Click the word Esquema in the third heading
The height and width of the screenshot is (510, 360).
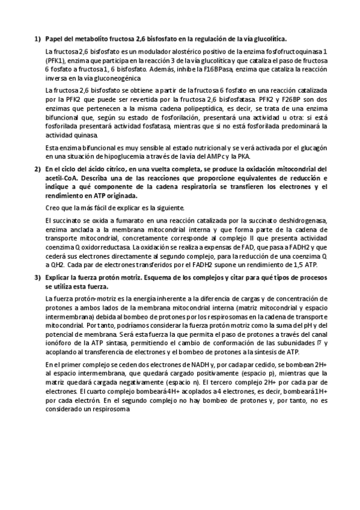(x=180, y=277)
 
